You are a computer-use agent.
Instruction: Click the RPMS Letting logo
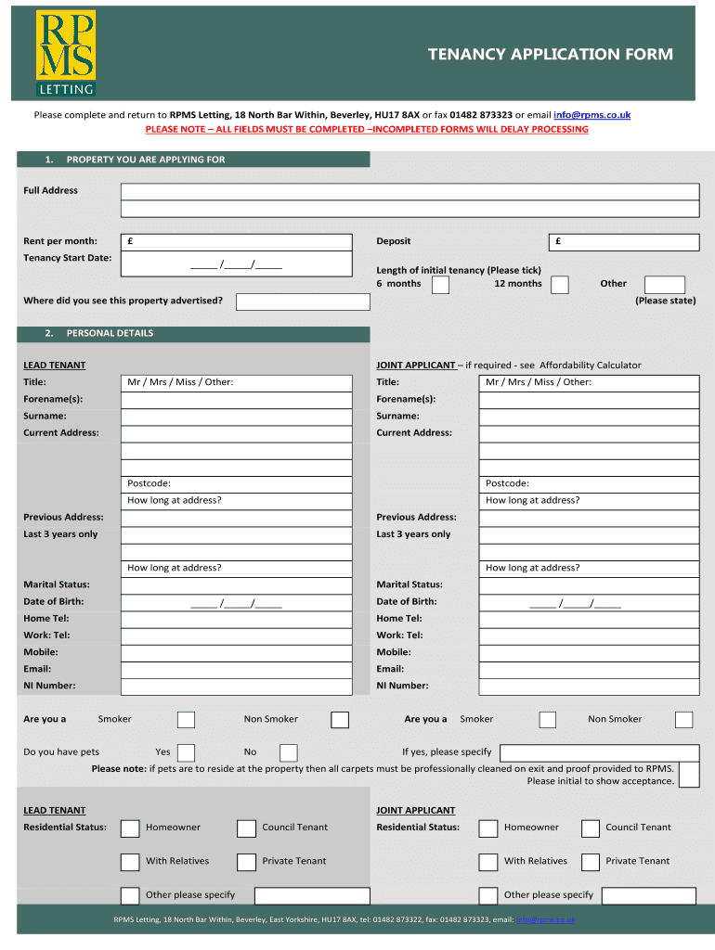(65, 54)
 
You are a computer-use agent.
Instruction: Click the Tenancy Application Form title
(550, 55)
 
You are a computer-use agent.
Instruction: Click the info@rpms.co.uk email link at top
(591, 115)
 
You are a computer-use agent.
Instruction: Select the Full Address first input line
(409, 191)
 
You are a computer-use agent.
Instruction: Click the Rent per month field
(237, 242)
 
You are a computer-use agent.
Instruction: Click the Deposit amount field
(624, 242)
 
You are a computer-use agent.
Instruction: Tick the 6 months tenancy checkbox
(441, 285)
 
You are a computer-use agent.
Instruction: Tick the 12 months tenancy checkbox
(560, 285)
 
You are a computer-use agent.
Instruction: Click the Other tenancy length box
(665, 285)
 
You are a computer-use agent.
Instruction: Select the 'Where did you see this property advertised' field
(296, 302)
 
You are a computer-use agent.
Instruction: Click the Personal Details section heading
(110, 334)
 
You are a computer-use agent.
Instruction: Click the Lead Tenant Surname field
(237, 417)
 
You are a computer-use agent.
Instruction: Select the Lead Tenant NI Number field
(237, 687)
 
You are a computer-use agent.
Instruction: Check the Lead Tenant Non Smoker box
(340, 720)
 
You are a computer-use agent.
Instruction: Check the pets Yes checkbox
(186, 752)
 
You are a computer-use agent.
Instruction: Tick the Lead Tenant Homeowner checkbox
(131, 828)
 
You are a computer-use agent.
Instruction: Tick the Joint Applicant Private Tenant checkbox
(591, 862)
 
